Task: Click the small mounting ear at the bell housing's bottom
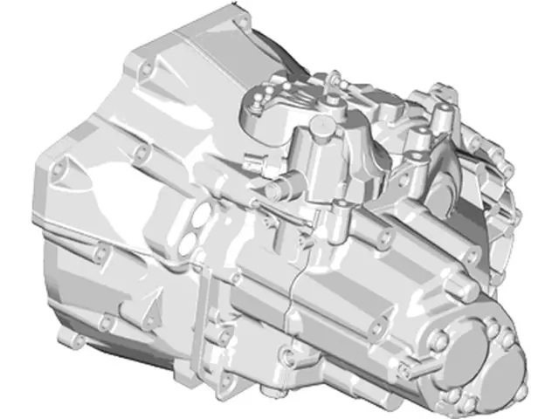click(67, 335)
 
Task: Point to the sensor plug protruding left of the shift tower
click(254, 161)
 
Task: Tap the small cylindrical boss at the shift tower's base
click(341, 209)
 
